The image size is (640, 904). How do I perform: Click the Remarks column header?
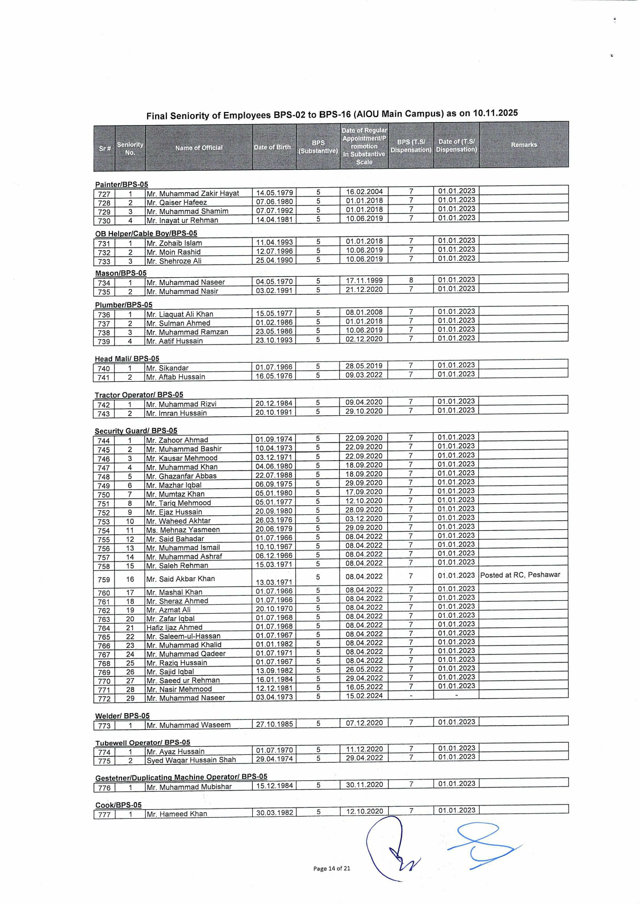(524, 145)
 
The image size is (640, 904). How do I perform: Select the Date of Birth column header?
(272, 147)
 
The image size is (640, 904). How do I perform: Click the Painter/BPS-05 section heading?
(122, 184)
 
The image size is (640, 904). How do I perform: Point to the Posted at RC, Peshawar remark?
(520, 575)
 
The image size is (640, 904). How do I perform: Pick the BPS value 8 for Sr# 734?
(411, 280)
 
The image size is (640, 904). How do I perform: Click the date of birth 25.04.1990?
(274, 260)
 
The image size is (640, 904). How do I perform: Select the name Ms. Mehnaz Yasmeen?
(183, 530)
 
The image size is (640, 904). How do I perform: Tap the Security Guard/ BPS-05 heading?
(136, 431)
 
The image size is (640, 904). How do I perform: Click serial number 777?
(104, 814)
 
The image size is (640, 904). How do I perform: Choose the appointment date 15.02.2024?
(364, 696)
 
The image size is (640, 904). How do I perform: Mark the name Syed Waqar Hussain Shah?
(191, 760)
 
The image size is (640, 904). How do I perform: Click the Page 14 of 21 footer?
(332, 868)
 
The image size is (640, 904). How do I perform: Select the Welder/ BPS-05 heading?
(122, 716)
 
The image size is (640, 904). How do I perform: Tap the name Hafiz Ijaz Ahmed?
(174, 627)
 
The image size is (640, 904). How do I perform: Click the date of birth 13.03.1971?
(274, 582)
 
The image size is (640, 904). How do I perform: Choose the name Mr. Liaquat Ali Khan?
(180, 314)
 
